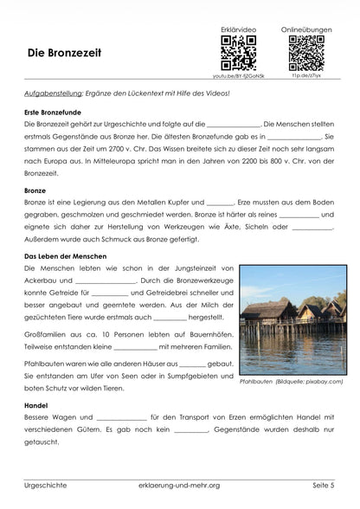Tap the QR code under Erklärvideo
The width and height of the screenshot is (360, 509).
click(x=238, y=53)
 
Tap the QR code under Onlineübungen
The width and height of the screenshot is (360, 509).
click(x=305, y=53)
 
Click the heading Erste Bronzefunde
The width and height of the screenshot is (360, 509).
click(x=55, y=113)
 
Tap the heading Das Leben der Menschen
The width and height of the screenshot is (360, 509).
click(x=65, y=256)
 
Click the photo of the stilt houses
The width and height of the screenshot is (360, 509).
click(x=292, y=319)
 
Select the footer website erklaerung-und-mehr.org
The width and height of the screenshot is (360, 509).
click(x=179, y=486)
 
